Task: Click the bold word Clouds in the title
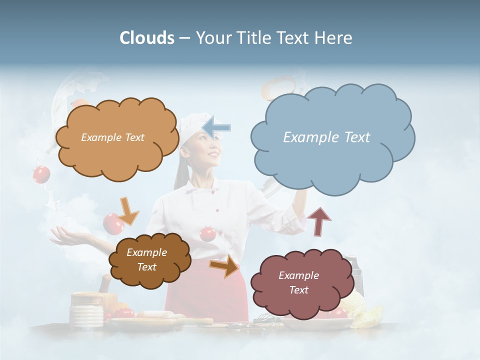(146, 38)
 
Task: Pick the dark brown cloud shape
(149, 260)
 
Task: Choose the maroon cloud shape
(299, 283)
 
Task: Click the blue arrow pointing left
(217, 127)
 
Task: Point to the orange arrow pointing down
(128, 210)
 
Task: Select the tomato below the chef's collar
(207, 233)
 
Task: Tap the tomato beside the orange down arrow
(112, 223)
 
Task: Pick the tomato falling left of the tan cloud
(41, 174)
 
